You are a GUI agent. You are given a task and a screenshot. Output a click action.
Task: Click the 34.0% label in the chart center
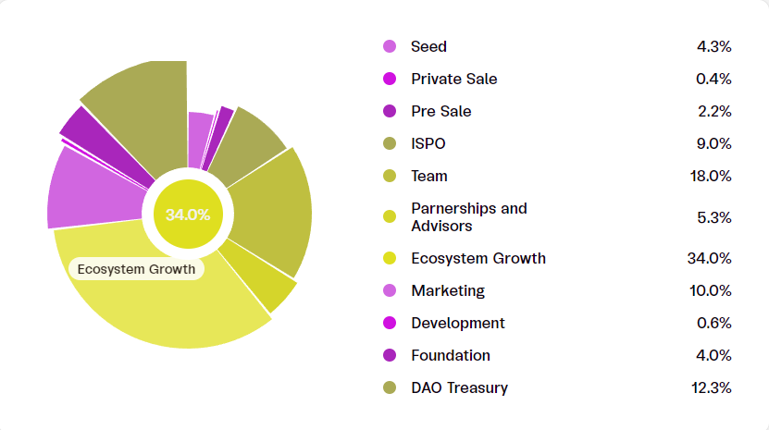188,215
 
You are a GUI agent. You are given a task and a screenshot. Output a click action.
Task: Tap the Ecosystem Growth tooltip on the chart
136,269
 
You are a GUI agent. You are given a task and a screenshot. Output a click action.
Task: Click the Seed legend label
428,46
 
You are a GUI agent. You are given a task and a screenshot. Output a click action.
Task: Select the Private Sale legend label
453,79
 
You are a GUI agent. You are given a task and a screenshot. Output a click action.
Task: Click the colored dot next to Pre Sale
390,111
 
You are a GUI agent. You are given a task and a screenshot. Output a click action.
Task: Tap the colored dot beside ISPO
390,143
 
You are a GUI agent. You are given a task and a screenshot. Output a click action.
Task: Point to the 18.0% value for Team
713,176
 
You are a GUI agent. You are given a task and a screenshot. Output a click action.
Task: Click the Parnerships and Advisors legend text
468,217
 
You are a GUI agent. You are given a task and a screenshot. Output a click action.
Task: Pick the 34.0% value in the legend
710,258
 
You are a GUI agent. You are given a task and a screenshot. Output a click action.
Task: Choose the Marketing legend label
447,290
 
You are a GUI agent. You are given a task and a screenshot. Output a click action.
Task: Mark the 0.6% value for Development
713,323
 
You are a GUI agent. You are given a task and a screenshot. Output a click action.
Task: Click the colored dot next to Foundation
390,355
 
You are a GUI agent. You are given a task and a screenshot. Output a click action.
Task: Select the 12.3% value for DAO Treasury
712,387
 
